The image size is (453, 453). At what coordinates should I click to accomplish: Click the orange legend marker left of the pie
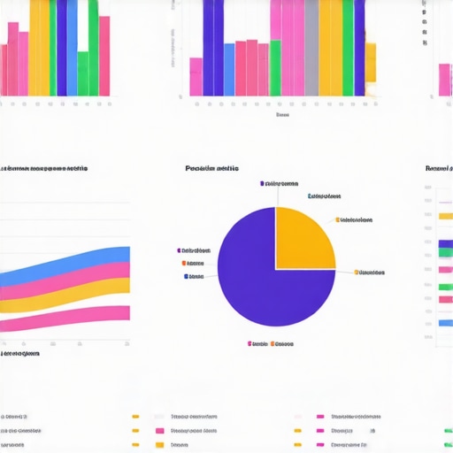coord(184,263)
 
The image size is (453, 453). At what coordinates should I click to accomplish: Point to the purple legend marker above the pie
coord(262,183)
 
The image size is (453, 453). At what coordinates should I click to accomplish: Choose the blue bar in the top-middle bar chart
coord(229,68)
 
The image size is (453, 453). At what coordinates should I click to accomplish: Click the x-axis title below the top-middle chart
coord(282,114)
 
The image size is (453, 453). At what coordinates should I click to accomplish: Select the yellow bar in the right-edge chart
coord(446,215)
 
